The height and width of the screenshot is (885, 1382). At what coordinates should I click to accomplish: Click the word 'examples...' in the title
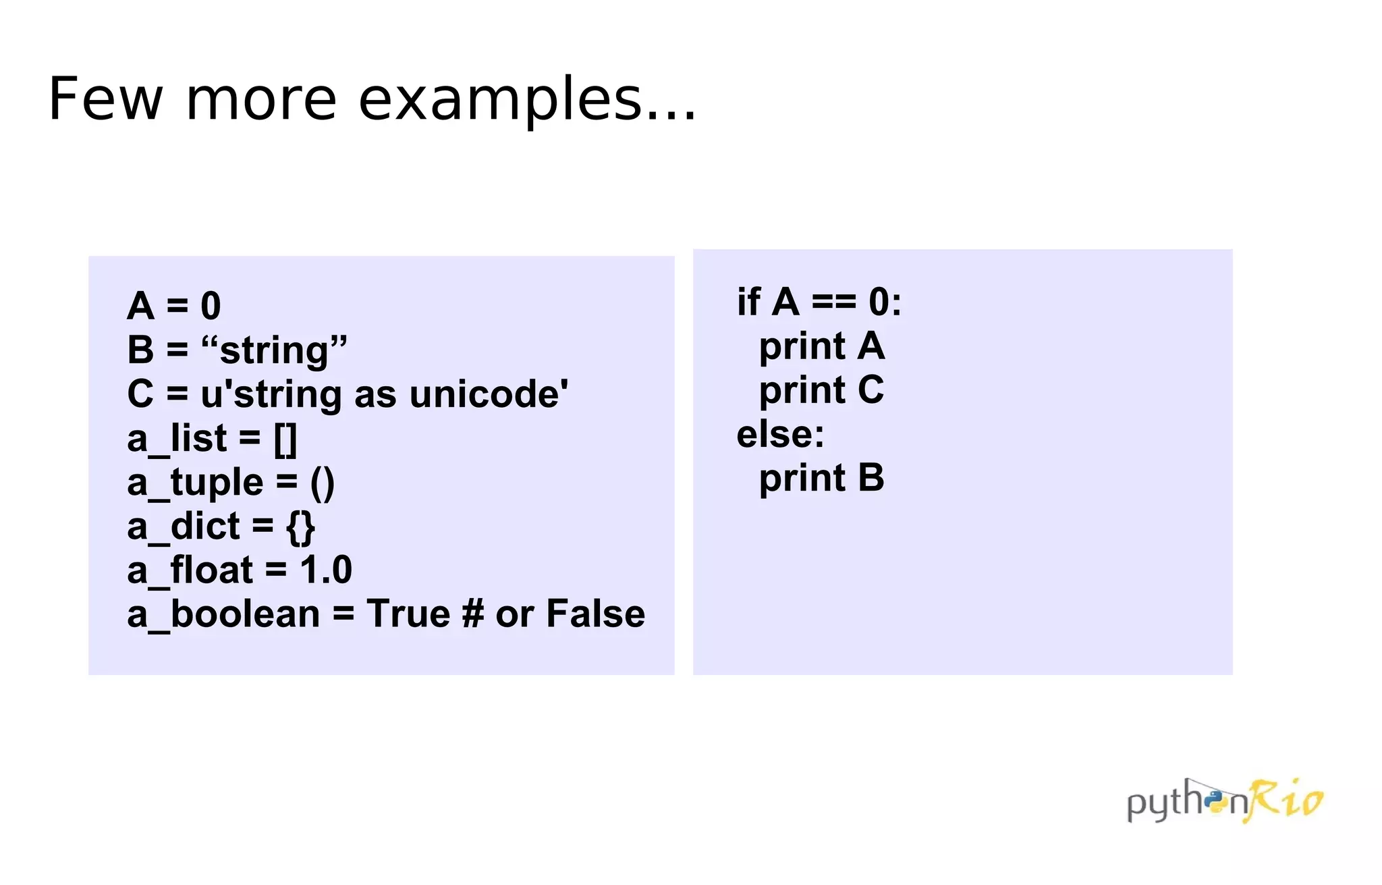click(526, 100)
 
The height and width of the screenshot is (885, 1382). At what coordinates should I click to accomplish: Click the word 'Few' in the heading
click(106, 100)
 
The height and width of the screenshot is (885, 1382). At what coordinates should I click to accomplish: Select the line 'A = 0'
click(174, 306)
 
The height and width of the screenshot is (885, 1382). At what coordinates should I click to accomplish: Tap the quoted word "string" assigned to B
click(274, 350)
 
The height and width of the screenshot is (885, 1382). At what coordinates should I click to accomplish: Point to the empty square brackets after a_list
click(285, 439)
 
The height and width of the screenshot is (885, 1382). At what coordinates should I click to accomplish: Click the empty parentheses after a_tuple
click(323, 483)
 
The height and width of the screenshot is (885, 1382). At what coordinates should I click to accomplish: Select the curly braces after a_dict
click(300, 527)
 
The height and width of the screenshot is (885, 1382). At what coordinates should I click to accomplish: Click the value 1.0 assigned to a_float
click(326, 570)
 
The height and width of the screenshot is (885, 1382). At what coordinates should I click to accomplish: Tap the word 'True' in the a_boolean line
click(408, 614)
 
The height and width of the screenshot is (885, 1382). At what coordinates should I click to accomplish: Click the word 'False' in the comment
click(595, 614)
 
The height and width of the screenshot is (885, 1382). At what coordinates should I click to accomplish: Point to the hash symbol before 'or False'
click(473, 614)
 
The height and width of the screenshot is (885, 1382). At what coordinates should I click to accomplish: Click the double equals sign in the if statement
click(833, 302)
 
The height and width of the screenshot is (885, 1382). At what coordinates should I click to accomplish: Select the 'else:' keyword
click(780, 434)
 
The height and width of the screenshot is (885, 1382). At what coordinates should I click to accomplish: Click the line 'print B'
click(821, 478)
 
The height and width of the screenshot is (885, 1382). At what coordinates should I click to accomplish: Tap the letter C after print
click(870, 390)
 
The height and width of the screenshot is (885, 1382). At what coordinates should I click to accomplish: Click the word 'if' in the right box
click(748, 302)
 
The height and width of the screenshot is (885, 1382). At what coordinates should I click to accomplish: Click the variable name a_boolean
click(223, 614)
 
